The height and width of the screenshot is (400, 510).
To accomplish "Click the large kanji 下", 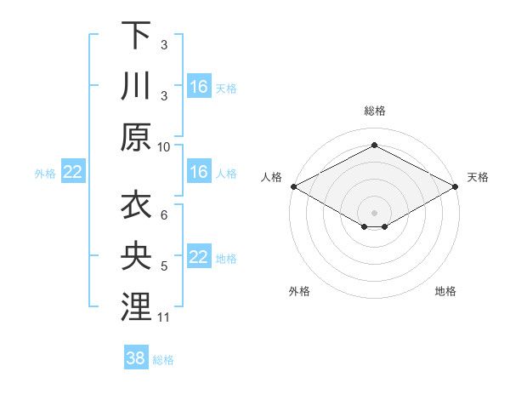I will pos(136,36).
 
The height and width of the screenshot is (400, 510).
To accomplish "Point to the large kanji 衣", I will pos(136,206).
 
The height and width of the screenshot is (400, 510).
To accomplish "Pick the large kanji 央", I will pos(136,257).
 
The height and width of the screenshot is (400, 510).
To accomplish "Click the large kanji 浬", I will pos(136,308).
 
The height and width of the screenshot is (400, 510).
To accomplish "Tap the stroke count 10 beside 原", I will pos(165,146).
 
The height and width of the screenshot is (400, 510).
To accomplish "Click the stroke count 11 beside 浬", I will pos(165,317).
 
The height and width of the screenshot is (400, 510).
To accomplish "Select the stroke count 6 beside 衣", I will pos(164,215).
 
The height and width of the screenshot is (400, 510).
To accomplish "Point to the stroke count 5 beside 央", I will pos(164,266).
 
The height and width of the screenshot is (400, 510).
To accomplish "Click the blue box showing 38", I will pos(136,358).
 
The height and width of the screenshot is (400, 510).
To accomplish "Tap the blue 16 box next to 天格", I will pos(199,86).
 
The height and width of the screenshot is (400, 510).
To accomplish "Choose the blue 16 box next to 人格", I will pos(199,172).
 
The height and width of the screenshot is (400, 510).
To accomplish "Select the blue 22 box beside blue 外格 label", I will pos(73,172).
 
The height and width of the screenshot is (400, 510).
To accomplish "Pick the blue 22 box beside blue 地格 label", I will pos(199,257).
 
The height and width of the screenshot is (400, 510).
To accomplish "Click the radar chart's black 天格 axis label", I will pos(479,177).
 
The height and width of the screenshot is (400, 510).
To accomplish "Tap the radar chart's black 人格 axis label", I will pos(272,177).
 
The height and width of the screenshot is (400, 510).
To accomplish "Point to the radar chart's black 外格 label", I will pos(299,291).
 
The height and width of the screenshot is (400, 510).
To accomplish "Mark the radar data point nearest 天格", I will pos(456,186).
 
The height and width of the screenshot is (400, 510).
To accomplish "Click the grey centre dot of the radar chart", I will pos(374,211).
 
